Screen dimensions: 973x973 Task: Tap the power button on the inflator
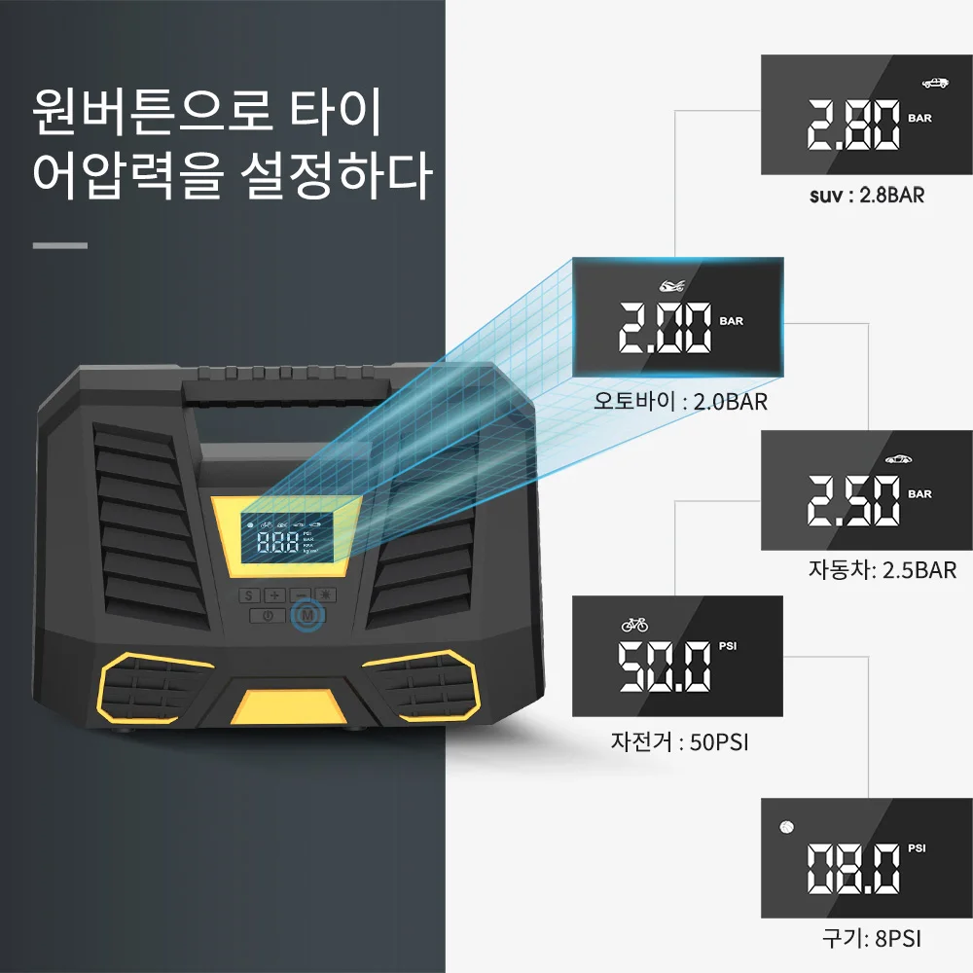[x=267, y=615]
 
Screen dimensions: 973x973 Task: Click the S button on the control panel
[x=247, y=595]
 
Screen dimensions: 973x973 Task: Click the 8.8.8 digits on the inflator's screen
[x=277, y=543]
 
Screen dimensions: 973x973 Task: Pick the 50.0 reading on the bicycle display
[x=666, y=667]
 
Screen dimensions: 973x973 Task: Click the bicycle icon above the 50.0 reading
[x=634, y=624]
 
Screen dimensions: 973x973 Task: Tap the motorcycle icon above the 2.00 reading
[x=670, y=286]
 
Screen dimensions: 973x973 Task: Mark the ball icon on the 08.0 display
[x=786, y=827]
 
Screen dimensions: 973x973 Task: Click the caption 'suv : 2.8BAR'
[x=866, y=195]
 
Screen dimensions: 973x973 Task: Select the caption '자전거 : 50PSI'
[x=679, y=742]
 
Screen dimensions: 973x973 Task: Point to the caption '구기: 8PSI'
[x=871, y=938]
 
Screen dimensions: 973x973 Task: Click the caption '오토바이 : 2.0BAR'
[x=680, y=401]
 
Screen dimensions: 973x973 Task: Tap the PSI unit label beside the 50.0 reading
[x=729, y=645]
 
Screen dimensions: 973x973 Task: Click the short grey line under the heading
[x=59, y=245]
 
